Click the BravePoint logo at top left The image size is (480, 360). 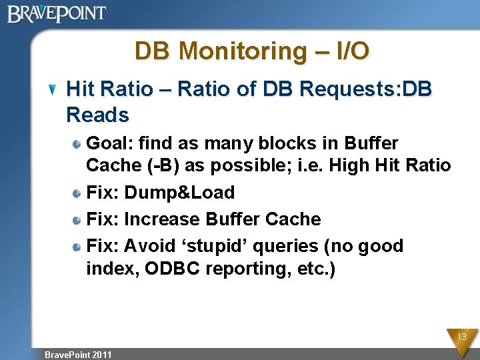pos(57,13)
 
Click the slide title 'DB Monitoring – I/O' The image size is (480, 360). pos(252,51)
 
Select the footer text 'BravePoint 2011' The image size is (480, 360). pos(78,354)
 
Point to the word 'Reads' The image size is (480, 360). pos(97,115)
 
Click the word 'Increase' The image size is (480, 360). pos(162,219)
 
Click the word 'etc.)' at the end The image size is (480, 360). pos(318,269)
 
